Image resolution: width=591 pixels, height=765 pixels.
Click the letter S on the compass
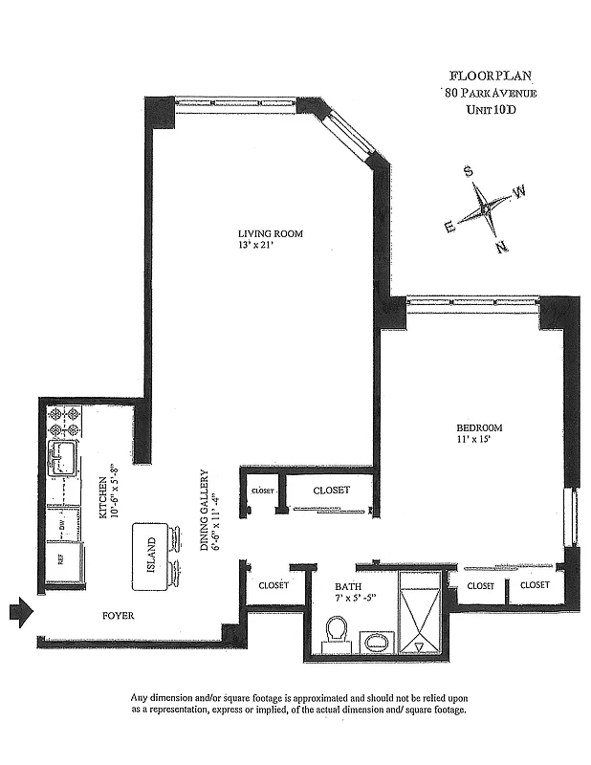(x=468, y=172)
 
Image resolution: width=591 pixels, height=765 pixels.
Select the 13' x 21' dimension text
(x=260, y=246)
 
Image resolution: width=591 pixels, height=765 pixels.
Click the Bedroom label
(x=478, y=427)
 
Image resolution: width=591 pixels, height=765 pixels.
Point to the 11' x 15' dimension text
(x=475, y=441)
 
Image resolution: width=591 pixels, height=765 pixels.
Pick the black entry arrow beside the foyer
(x=20, y=611)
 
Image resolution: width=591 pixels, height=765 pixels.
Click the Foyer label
(x=118, y=616)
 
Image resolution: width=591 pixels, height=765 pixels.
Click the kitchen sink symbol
(x=65, y=458)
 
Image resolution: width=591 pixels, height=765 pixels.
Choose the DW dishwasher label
(x=61, y=525)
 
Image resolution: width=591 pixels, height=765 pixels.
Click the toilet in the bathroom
(x=336, y=633)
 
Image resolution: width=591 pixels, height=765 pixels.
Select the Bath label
(x=346, y=586)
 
